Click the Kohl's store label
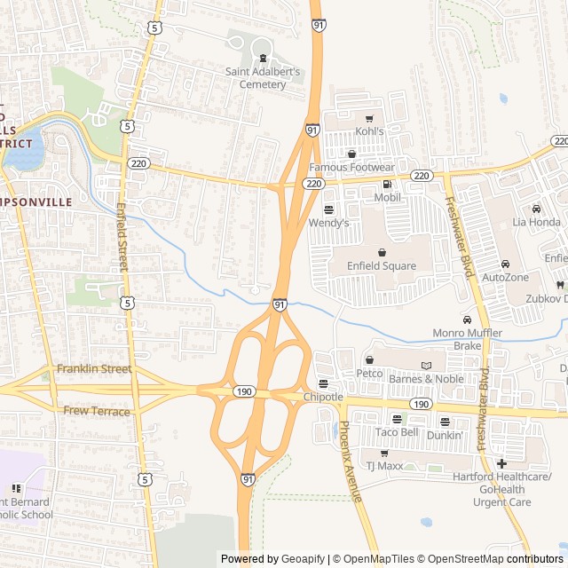369,131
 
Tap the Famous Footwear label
351,167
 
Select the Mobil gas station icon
386,184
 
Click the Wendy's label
328,223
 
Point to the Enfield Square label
382,265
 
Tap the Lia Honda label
536,222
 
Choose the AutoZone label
505,278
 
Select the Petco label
369,373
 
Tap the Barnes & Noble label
426,378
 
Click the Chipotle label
323,397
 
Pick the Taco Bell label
396,432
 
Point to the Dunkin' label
444,435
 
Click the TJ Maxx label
384,465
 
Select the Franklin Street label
94,368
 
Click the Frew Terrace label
97,411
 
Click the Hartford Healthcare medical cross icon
501,463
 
